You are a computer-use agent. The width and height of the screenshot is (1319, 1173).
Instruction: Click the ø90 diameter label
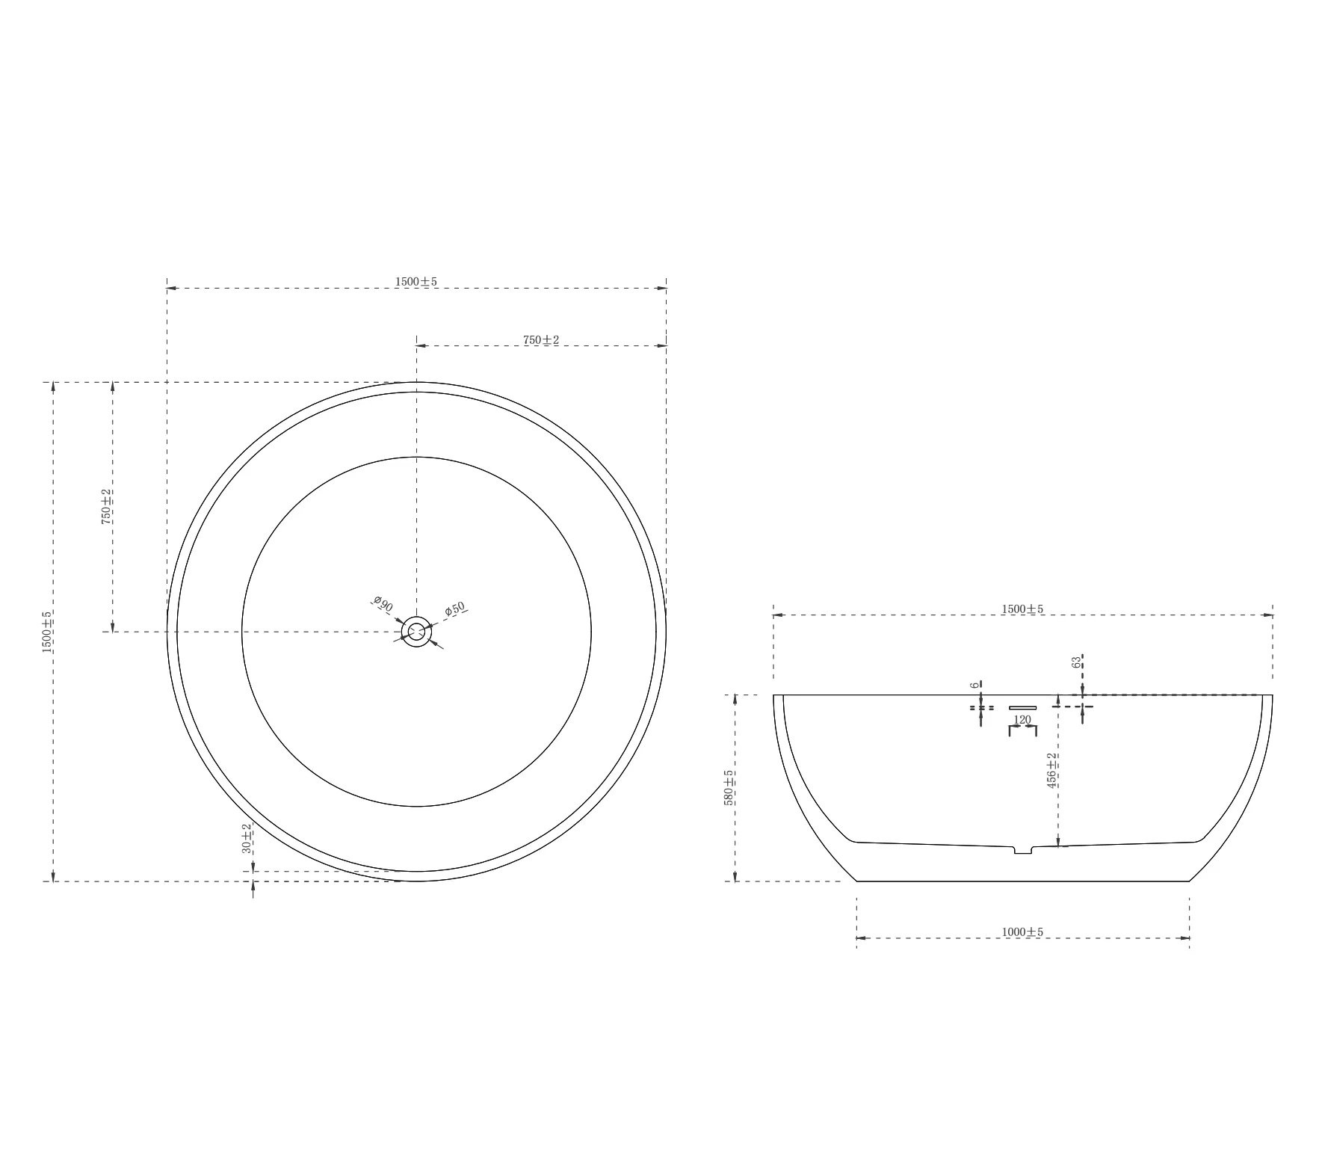click(383, 604)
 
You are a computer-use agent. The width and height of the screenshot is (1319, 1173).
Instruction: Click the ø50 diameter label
click(454, 609)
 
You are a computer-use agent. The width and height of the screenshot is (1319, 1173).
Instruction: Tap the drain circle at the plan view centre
click(416, 632)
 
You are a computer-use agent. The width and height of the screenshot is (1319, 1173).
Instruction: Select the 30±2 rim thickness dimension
click(247, 838)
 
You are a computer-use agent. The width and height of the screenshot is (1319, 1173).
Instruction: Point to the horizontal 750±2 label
click(541, 340)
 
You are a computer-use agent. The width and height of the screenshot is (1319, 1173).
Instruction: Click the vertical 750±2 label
click(107, 507)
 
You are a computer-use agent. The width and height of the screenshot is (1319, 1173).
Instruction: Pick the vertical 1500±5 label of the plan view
click(47, 632)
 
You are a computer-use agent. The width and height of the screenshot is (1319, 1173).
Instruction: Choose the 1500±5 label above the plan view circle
click(416, 282)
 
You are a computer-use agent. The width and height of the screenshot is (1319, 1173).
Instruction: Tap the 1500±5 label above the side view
click(1022, 609)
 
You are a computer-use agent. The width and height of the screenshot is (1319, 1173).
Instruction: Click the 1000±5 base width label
click(1022, 932)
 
